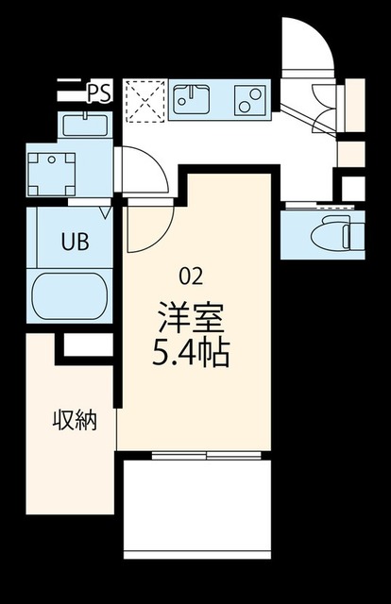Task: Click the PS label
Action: (99, 93)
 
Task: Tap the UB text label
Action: (76, 242)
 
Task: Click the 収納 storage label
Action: (75, 420)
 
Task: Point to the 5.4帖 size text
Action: (192, 353)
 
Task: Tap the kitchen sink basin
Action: (192, 100)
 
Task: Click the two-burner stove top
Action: (250, 100)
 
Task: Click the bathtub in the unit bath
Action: (69, 295)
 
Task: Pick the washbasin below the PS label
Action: (85, 125)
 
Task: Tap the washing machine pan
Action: (51, 174)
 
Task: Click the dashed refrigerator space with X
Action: (145, 101)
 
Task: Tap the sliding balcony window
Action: (207, 456)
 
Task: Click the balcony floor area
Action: (197, 509)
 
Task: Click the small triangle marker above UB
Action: (105, 212)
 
